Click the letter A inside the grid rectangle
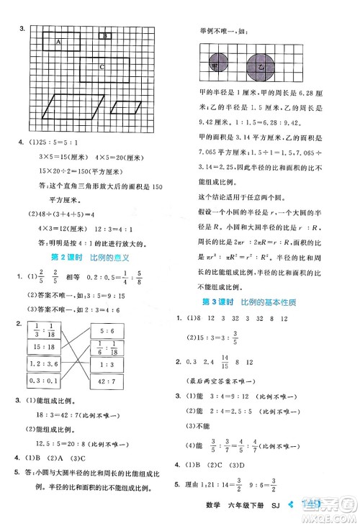(x=58, y=42)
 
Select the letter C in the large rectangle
(x=102, y=67)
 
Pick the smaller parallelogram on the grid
(x=126, y=107)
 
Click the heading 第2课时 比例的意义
(x=90, y=257)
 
